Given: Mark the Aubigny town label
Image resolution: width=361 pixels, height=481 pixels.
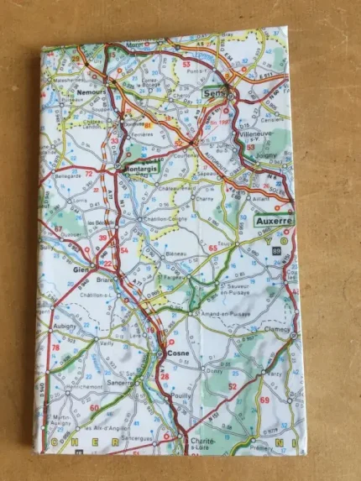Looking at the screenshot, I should point(65,324).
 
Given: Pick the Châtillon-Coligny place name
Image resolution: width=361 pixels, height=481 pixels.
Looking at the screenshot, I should point(166,220).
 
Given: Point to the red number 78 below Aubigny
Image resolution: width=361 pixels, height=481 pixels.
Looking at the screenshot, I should point(56,348).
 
